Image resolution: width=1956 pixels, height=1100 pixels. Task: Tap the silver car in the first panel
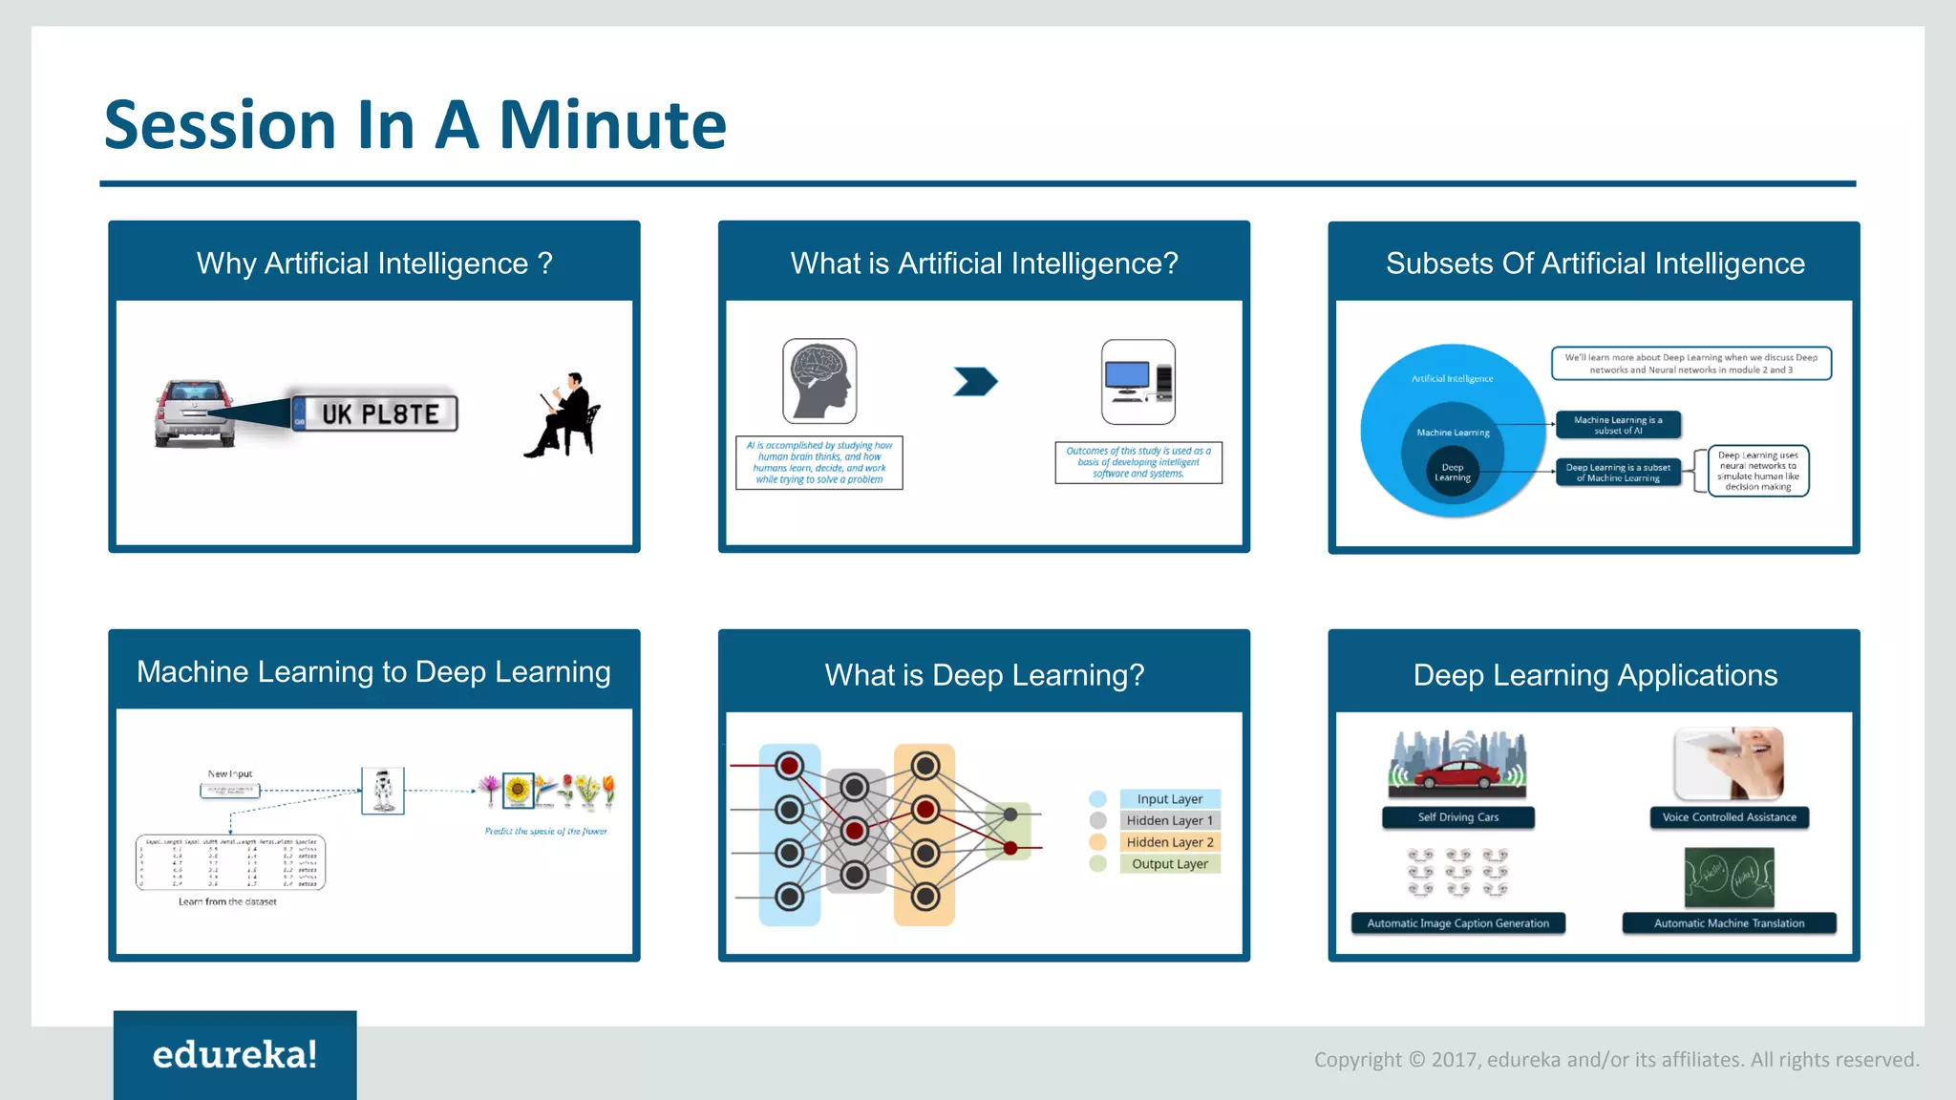coord(195,412)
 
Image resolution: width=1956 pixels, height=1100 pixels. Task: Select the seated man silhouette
coord(565,416)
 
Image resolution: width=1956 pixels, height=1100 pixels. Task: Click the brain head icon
coord(819,381)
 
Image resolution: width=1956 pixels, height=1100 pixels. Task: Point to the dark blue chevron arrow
coord(975,382)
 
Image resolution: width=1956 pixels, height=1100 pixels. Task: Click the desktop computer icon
coord(1137,381)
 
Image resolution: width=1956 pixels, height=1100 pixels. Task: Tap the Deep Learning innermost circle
coord(1452,472)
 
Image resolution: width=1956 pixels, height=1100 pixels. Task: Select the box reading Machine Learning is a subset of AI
coord(1618,425)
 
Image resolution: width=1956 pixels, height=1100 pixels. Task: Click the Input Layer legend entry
coord(1169,799)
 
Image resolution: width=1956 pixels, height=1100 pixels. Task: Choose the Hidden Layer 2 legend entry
coord(1169,842)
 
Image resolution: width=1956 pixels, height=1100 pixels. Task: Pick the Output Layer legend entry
coord(1169,864)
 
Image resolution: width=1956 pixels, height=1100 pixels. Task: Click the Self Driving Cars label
coord(1457,817)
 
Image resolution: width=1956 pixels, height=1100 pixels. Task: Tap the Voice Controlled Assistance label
coord(1729,817)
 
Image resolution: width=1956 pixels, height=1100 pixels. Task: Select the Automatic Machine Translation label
coord(1729,923)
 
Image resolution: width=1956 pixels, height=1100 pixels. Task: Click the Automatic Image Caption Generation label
coord(1457,923)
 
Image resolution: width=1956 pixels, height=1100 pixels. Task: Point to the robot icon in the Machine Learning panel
coord(383,791)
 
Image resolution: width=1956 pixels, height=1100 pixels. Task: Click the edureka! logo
coord(235,1055)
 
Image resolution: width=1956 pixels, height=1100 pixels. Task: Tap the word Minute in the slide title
coord(612,125)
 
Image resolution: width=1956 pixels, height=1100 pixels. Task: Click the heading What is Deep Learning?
coord(984,675)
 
